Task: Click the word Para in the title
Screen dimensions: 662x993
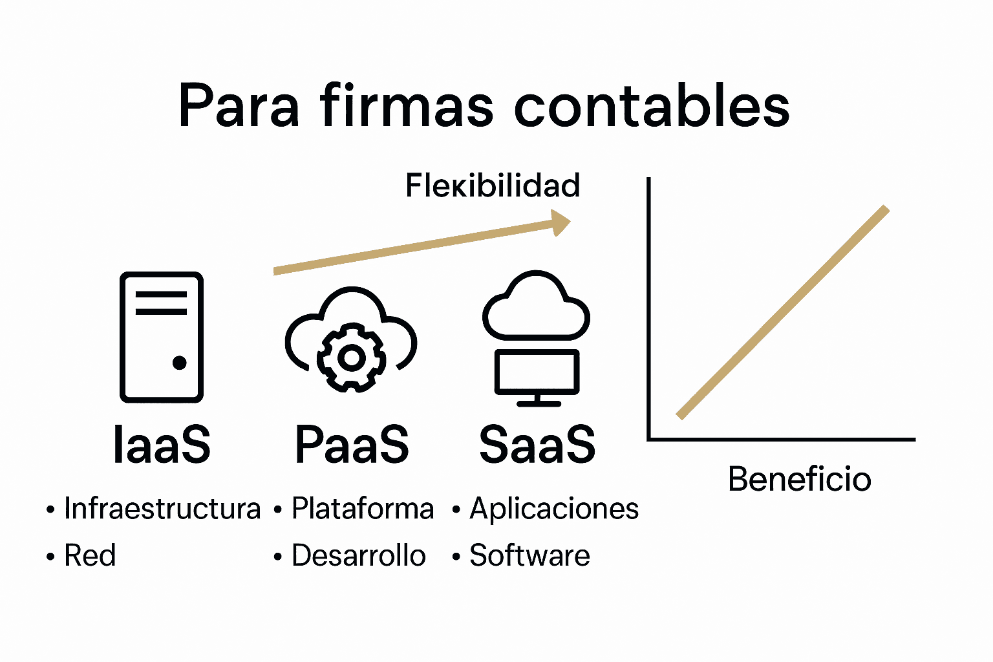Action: (x=239, y=106)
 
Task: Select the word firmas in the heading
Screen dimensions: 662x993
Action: (x=407, y=105)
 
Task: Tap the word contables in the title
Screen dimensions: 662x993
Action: (x=652, y=106)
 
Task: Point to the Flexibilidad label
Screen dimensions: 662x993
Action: (x=493, y=186)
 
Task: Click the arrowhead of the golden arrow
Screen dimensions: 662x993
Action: (x=560, y=222)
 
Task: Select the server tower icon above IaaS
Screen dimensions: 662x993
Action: (x=162, y=336)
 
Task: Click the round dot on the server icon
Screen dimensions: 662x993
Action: (x=180, y=363)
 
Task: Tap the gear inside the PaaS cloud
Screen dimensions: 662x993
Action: (x=351, y=358)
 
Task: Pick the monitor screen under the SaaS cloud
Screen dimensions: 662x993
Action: (x=537, y=372)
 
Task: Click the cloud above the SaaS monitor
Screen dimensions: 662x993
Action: (x=536, y=306)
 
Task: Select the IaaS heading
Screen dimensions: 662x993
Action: (x=162, y=445)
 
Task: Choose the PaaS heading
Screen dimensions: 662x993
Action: (x=352, y=445)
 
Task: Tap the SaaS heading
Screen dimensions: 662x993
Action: (x=537, y=445)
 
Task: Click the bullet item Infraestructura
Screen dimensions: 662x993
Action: (x=162, y=509)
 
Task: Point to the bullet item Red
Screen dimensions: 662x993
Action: (x=90, y=555)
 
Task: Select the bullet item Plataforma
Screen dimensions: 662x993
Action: (x=362, y=509)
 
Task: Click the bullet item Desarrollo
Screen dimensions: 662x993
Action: (x=358, y=555)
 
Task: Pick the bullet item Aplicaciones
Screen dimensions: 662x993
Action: (x=554, y=509)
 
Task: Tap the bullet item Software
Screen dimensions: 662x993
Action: (x=529, y=555)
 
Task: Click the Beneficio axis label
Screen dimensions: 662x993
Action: (x=800, y=480)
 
